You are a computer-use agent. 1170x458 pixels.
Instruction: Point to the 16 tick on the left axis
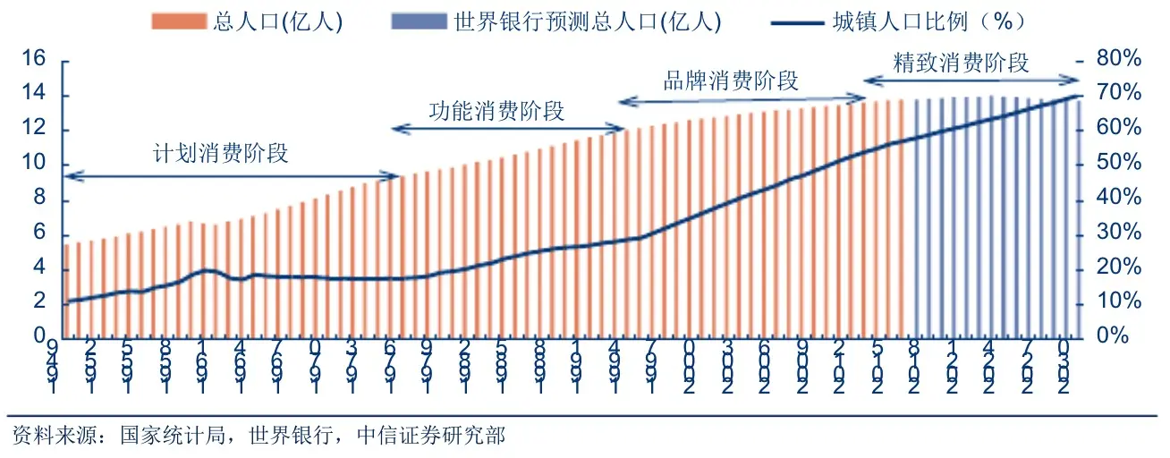33,60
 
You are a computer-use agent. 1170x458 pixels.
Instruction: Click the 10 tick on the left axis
33,165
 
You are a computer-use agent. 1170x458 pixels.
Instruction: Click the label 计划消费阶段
221,153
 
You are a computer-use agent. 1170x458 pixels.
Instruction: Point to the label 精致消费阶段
962,63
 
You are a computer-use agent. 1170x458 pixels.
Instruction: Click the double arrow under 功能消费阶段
508,131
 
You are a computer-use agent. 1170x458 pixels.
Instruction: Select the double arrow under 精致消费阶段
971,81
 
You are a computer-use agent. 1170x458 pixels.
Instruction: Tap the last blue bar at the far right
1078,218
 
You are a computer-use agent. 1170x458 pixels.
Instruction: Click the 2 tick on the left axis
38,302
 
